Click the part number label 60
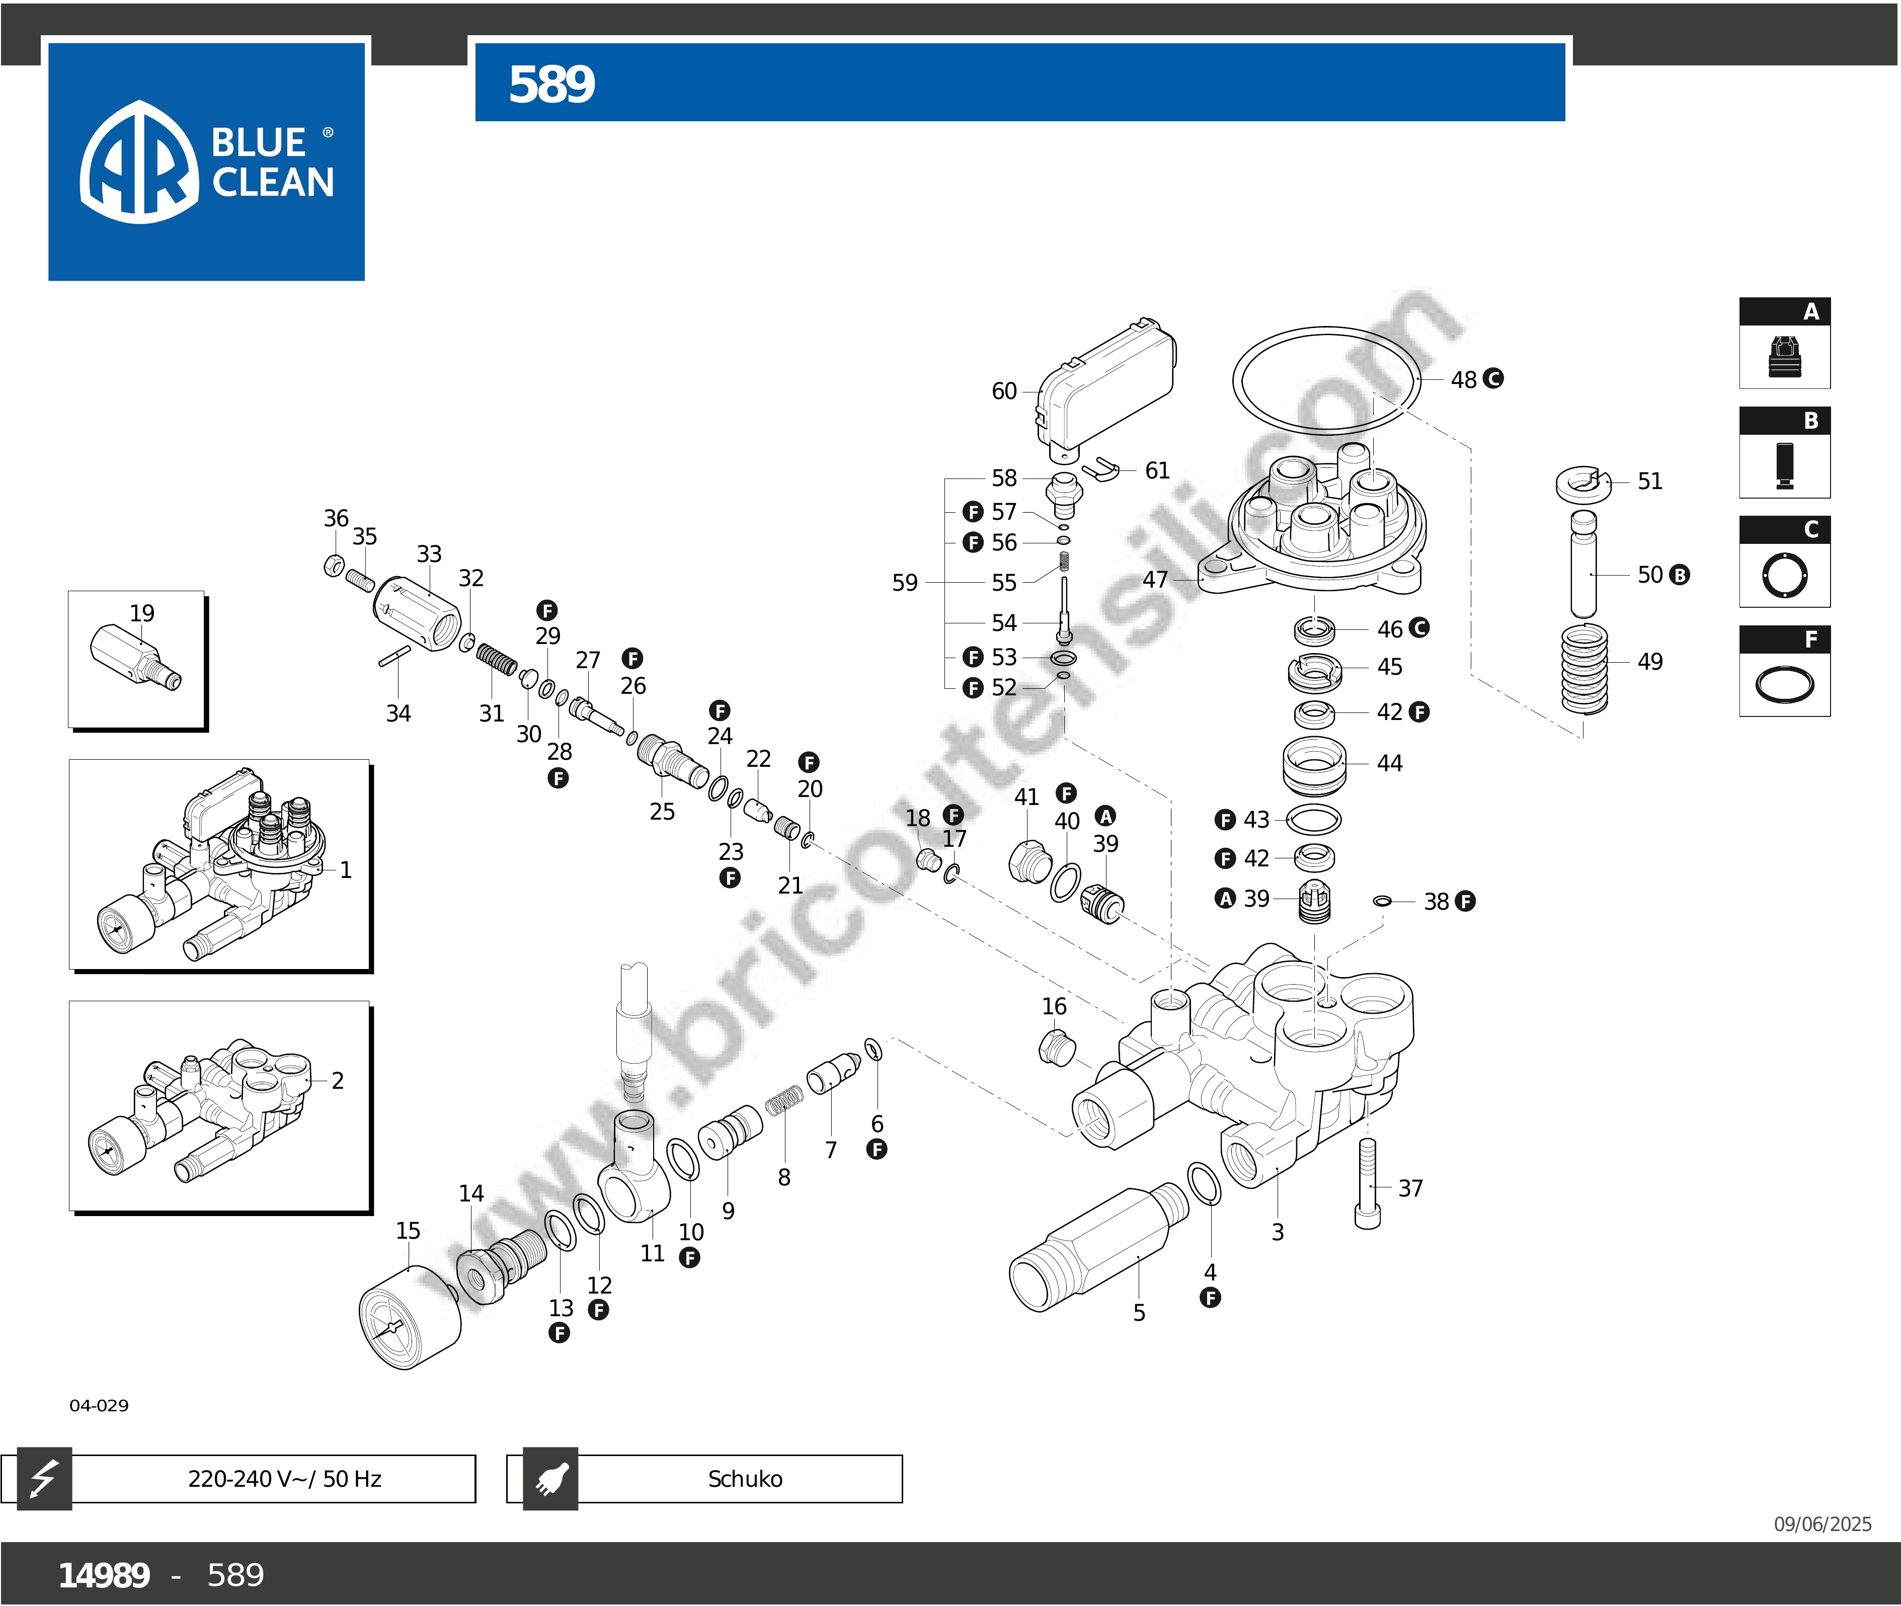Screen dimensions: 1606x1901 [x=1003, y=391]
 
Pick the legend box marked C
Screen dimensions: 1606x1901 [x=1784, y=561]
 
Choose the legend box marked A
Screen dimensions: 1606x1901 [x=1784, y=343]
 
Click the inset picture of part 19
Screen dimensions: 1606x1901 [x=136, y=659]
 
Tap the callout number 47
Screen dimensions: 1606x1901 [x=1154, y=580]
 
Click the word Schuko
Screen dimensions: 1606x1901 [x=745, y=1479]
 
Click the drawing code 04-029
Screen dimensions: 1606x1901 [x=99, y=1405]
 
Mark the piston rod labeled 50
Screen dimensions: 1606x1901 [x=1583, y=565]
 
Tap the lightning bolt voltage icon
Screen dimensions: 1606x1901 [x=44, y=1479]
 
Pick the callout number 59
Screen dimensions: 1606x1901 [x=904, y=583]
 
